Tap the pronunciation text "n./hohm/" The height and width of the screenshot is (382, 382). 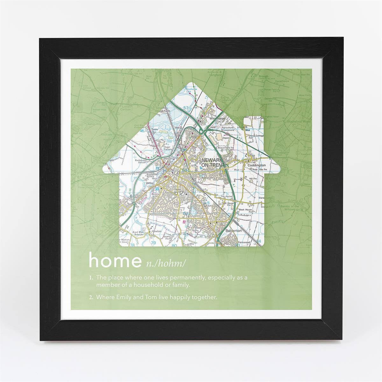(165, 263)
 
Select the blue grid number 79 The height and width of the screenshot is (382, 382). (153, 244)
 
